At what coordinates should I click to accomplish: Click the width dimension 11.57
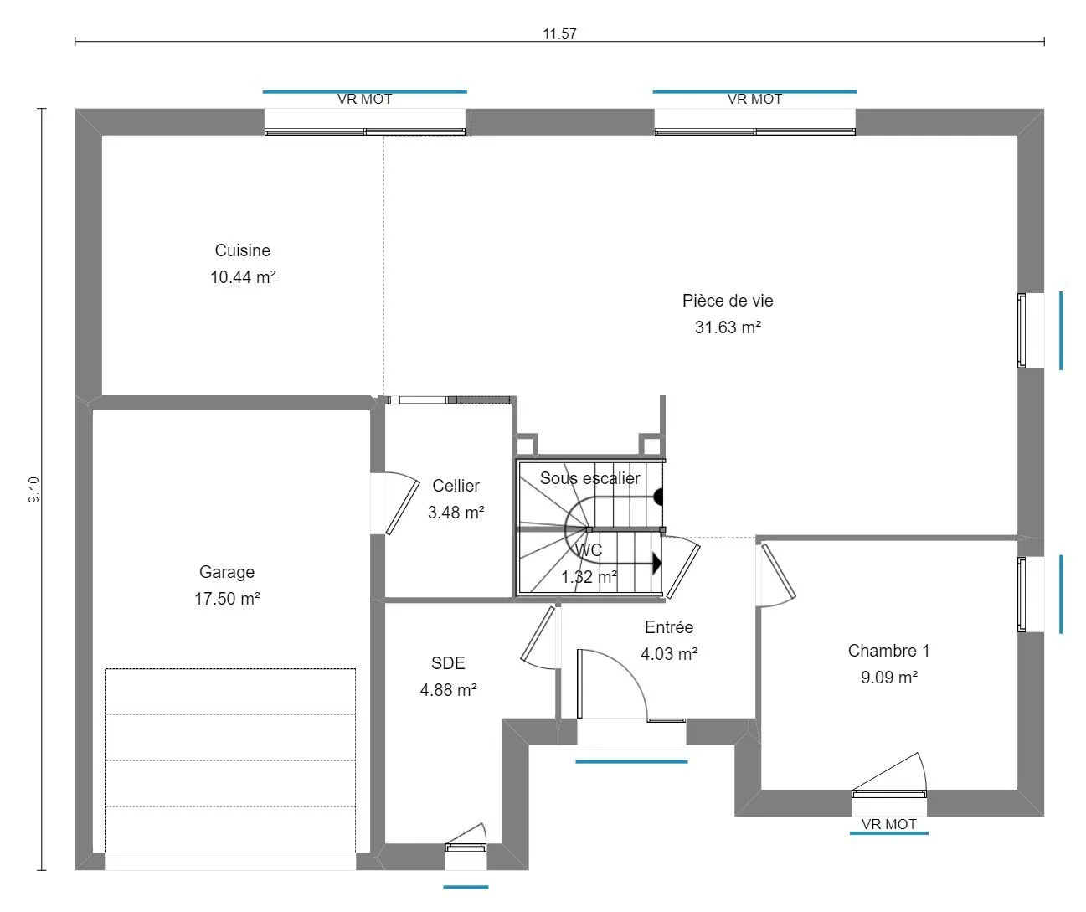(x=559, y=33)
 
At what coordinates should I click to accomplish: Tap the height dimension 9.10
(x=33, y=490)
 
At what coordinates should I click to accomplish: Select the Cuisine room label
(x=242, y=250)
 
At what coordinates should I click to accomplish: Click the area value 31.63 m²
(x=728, y=327)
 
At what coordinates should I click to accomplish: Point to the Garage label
(x=227, y=572)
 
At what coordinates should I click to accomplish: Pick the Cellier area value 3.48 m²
(x=456, y=513)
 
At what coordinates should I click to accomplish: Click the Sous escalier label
(x=589, y=478)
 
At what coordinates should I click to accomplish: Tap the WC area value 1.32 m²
(x=589, y=577)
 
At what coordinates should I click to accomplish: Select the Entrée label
(x=669, y=627)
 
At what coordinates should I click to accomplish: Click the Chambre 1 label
(x=888, y=651)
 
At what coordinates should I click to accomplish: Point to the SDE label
(x=448, y=662)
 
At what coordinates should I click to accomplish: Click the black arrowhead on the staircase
(x=657, y=564)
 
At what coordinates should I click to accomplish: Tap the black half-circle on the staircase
(x=658, y=497)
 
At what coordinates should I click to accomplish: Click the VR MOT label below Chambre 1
(x=888, y=824)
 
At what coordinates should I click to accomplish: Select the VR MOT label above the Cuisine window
(x=364, y=99)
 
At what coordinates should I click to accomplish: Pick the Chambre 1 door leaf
(x=778, y=570)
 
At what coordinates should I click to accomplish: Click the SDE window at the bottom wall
(x=466, y=848)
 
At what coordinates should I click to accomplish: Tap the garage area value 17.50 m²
(x=227, y=599)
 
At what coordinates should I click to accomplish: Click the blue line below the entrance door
(x=631, y=761)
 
